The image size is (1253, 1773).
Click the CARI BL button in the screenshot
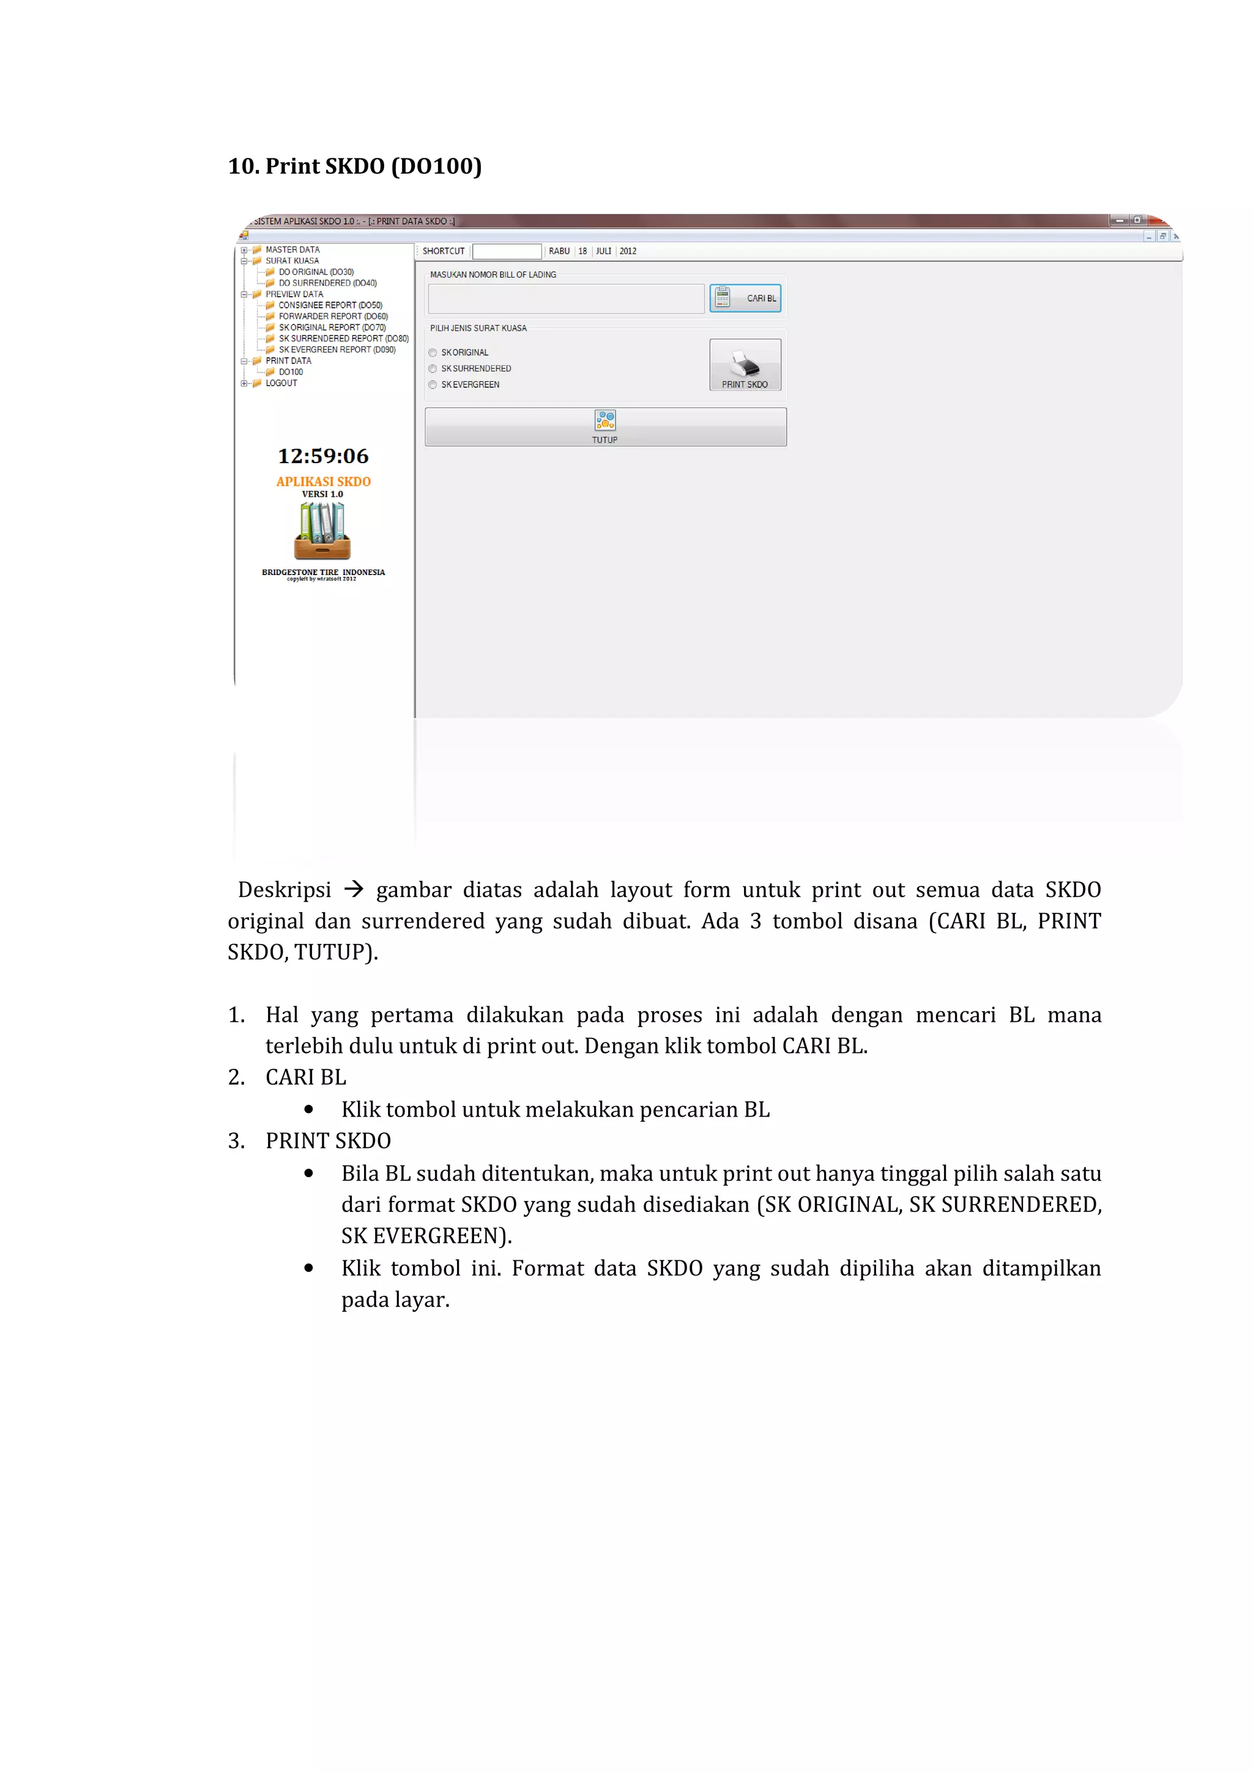pyautogui.click(x=745, y=298)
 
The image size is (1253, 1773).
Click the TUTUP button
pyautogui.click(x=605, y=427)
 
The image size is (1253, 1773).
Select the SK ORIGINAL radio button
pyautogui.click(x=433, y=353)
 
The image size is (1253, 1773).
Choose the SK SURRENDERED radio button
pyautogui.click(x=433, y=369)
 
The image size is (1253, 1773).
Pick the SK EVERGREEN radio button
pyautogui.click(x=433, y=385)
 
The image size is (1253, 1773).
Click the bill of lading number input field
pyautogui.click(x=566, y=299)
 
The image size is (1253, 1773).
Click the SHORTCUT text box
pyautogui.click(x=507, y=251)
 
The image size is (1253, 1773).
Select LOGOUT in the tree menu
pyautogui.click(x=281, y=383)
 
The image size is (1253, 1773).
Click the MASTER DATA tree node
pyautogui.click(x=292, y=250)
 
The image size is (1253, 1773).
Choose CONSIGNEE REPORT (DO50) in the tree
pyautogui.click(x=330, y=305)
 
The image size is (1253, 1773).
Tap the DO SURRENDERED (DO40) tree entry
pyautogui.click(x=327, y=283)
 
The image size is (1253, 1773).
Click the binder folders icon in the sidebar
pyautogui.click(x=322, y=530)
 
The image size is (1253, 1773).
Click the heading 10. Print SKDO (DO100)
pyautogui.click(x=354, y=166)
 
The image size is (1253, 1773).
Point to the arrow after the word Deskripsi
pyautogui.click(x=354, y=890)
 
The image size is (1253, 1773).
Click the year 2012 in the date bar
pyautogui.click(x=628, y=251)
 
